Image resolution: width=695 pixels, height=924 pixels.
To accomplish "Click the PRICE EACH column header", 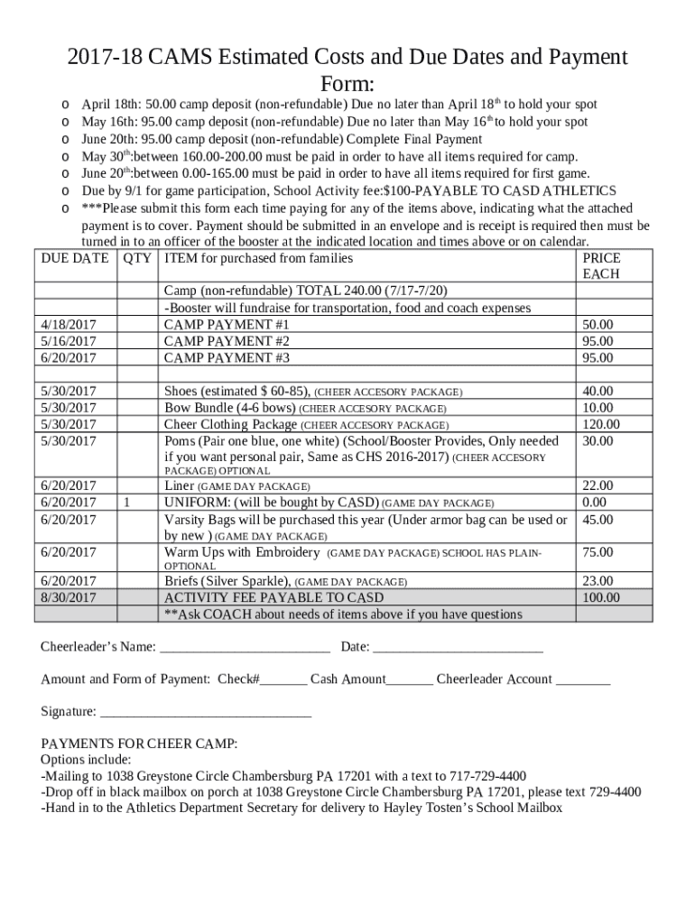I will [601, 266].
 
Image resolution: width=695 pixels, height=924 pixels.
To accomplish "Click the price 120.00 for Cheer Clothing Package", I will [601, 424].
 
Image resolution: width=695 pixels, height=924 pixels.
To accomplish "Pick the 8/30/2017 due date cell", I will [69, 597].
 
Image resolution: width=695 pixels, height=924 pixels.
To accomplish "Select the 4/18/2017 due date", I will [69, 325].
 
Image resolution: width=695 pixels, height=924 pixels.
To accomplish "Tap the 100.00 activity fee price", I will [601, 597].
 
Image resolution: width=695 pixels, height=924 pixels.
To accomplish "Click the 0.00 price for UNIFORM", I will [595, 503].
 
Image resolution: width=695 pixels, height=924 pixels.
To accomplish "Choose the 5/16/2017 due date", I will [69, 341].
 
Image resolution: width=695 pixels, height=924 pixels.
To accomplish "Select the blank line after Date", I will [458, 647].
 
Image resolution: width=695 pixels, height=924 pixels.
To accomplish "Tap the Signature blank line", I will [206, 712].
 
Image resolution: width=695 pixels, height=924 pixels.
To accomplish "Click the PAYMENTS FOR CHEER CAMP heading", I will [140, 744].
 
